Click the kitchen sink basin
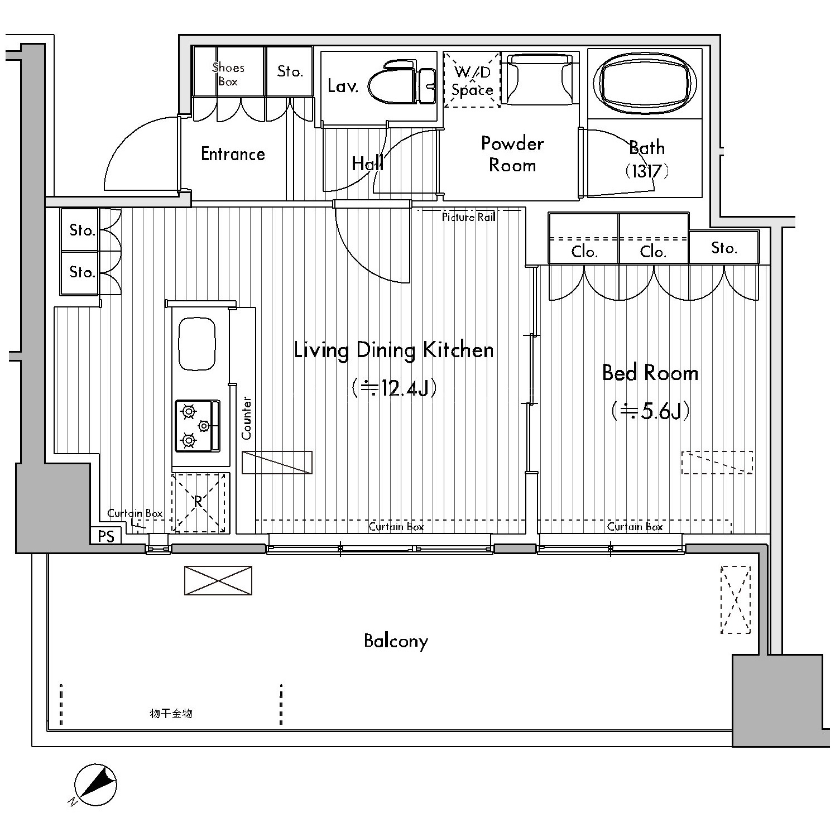tap(196, 344)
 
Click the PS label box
tap(106, 536)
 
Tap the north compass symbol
tap(95, 784)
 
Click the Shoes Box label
tap(228, 75)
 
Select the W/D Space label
tap(472, 81)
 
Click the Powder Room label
tap(512, 155)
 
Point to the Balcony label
tap(396, 641)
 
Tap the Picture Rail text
tap(469, 218)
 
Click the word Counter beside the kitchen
tap(247, 418)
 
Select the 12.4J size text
tap(394, 387)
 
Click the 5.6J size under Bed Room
tap(650, 411)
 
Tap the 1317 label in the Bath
tap(646, 171)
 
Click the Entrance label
tap(233, 154)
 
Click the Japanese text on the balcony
tap(171, 714)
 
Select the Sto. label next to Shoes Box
tap(290, 71)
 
